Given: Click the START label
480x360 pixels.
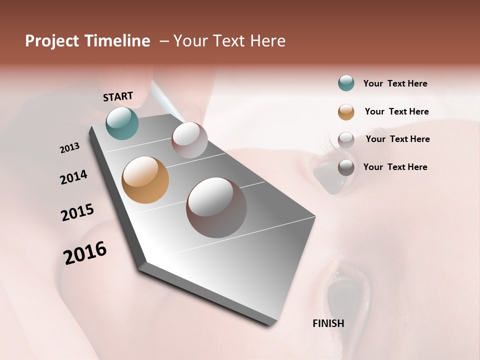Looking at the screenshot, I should coord(118,96).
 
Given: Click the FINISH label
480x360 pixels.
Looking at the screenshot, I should coord(328,323).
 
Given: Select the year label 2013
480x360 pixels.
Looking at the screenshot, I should coord(69,147).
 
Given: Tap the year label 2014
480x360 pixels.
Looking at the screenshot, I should coord(73,177).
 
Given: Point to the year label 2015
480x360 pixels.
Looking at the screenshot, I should coord(77,212).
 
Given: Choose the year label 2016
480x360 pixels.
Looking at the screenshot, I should coord(85,252).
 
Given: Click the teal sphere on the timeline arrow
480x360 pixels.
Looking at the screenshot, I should coord(122,123).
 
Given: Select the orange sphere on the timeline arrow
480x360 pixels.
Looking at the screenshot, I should coord(145,180).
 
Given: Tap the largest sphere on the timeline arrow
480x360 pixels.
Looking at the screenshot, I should coord(216,207).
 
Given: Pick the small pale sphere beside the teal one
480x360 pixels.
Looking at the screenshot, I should coord(189,140).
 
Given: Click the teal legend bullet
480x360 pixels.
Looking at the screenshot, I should coord(346,83).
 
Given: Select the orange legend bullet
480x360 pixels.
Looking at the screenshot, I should coord(346,112).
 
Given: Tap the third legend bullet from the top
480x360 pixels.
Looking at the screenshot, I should coord(346,139).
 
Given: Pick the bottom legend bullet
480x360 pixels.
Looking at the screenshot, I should coord(346,167).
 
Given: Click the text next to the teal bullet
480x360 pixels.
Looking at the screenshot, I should coord(395,83).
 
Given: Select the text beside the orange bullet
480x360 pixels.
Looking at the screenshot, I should coord(396,111).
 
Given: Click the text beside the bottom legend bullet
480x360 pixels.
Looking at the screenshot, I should coord(395,167).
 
